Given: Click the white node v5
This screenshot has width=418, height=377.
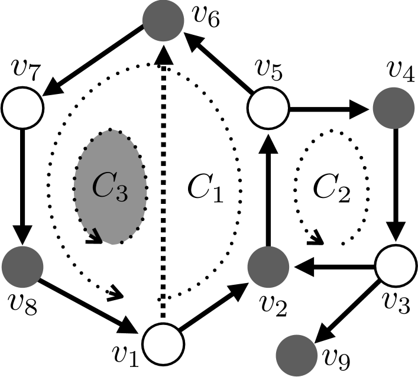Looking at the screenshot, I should coord(267,108).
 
